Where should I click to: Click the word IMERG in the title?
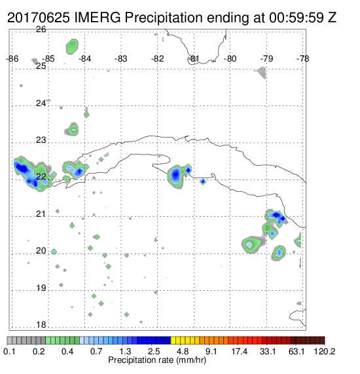(x=98, y=18)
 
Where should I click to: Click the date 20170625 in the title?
(x=39, y=18)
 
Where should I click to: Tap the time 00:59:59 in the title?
(x=297, y=18)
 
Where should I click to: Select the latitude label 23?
(x=41, y=140)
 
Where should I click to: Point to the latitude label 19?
(x=41, y=288)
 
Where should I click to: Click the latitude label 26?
(x=41, y=29)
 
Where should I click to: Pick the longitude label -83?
(x=121, y=59)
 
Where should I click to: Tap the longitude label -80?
(x=230, y=59)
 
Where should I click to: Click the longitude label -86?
(x=12, y=59)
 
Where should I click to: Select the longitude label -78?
(x=303, y=59)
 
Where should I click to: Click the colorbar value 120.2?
(x=325, y=351)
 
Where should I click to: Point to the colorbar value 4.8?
(x=183, y=351)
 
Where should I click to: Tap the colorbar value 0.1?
(x=10, y=351)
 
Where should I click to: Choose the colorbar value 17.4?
(x=240, y=351)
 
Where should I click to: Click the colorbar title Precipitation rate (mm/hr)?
(x=157, y=360)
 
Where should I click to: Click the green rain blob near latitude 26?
(x=72, y=47)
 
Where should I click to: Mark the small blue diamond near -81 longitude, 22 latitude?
(x=203, y=181)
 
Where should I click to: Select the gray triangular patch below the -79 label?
(x=261, y=73)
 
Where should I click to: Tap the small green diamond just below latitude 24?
(x=86, y=115)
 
